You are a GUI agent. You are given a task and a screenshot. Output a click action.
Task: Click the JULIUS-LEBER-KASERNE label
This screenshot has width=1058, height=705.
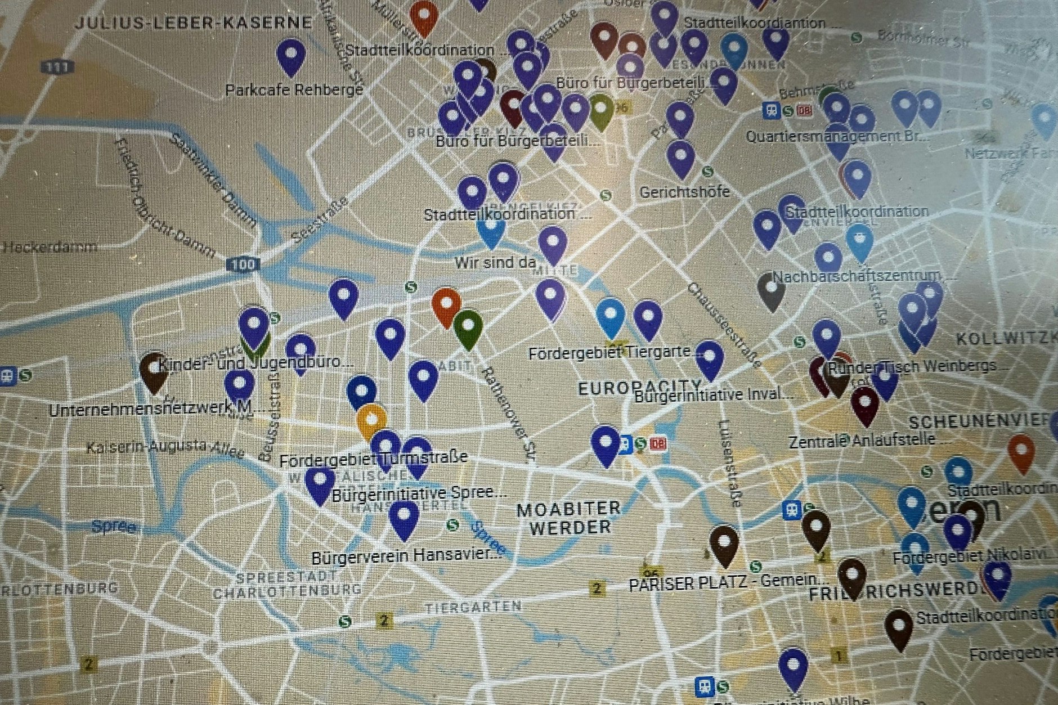click(x=193, y=23)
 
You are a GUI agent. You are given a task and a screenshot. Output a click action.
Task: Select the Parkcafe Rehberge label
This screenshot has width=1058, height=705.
click(x=294, y=89)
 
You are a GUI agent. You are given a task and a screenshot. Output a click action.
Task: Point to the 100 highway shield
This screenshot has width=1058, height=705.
click(x=245, y=264)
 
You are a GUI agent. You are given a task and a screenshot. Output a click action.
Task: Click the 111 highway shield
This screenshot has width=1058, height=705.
click(x=58, y=67)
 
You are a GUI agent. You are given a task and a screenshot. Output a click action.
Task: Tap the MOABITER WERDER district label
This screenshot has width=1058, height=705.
click(x=569, y=518)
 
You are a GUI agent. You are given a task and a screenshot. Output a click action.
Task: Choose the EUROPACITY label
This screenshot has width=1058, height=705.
click(x=640, y=387)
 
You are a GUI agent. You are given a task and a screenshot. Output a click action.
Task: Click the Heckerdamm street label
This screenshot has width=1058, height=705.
click(x=50, y=246)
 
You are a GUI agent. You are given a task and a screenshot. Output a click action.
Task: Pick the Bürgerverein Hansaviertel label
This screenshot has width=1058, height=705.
click(x=406, y=556)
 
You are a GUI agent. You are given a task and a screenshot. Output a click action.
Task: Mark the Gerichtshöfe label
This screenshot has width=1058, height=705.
click(x=684, y=192)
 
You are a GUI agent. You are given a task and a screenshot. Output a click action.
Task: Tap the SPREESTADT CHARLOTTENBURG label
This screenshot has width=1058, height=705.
click(x=287, y=584)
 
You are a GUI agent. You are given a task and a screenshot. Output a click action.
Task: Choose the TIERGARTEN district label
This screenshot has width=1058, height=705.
click(x=473, y=607)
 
